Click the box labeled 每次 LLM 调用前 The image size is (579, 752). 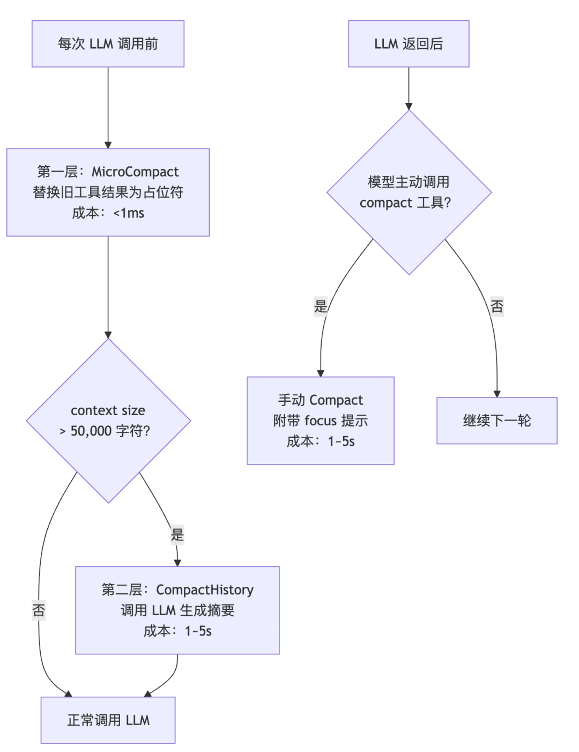point(108,43)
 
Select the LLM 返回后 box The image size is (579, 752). point(409,43)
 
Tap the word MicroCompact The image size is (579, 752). point(135,172)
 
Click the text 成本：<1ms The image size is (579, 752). point(108,213)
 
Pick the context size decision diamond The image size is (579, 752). point(108,421)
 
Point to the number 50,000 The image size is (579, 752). point(91,431)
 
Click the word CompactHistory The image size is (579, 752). point(205,590)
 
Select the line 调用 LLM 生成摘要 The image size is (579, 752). point(177,610)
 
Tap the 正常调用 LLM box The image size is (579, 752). point(108,720)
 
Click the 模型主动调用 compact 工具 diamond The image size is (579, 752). point(409,193)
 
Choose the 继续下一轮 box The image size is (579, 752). point(496,421)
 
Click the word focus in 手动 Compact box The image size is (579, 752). point(320,421)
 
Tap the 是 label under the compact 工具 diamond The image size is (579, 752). point(320,306)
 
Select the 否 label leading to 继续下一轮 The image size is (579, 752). point(496,306)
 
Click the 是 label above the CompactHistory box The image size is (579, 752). point(177,535)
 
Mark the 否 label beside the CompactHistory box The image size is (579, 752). point(39,610)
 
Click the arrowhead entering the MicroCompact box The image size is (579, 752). point(108,145)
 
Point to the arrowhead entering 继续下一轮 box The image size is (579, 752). point(496,394)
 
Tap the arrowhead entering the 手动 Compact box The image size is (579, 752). point(320,373)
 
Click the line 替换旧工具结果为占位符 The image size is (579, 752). point(108,193)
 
